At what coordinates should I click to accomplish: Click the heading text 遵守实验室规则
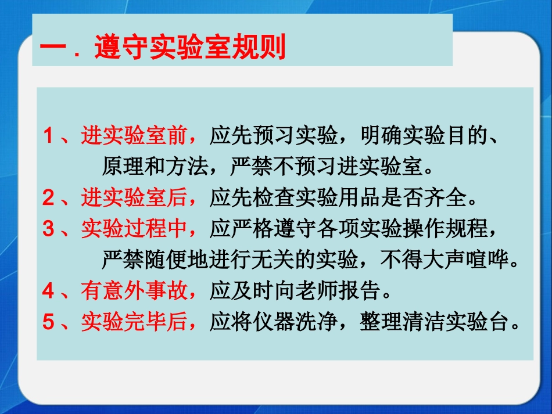pyautogui.click(x=190, y=47)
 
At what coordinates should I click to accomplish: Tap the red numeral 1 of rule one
pyautogui.click(x=48, y=136)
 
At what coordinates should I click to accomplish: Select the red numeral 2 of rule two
pyautogui.click(x=48, y=199)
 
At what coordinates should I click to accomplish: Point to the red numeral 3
pyautogui.click(x=48, y=230)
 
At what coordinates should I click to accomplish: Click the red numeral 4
pyautogui.click(x=48, y=290)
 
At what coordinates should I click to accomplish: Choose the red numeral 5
pyautogui.click(x=48, y=321)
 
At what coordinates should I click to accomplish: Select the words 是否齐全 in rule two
pyautogui.click(x=424, y=199)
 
